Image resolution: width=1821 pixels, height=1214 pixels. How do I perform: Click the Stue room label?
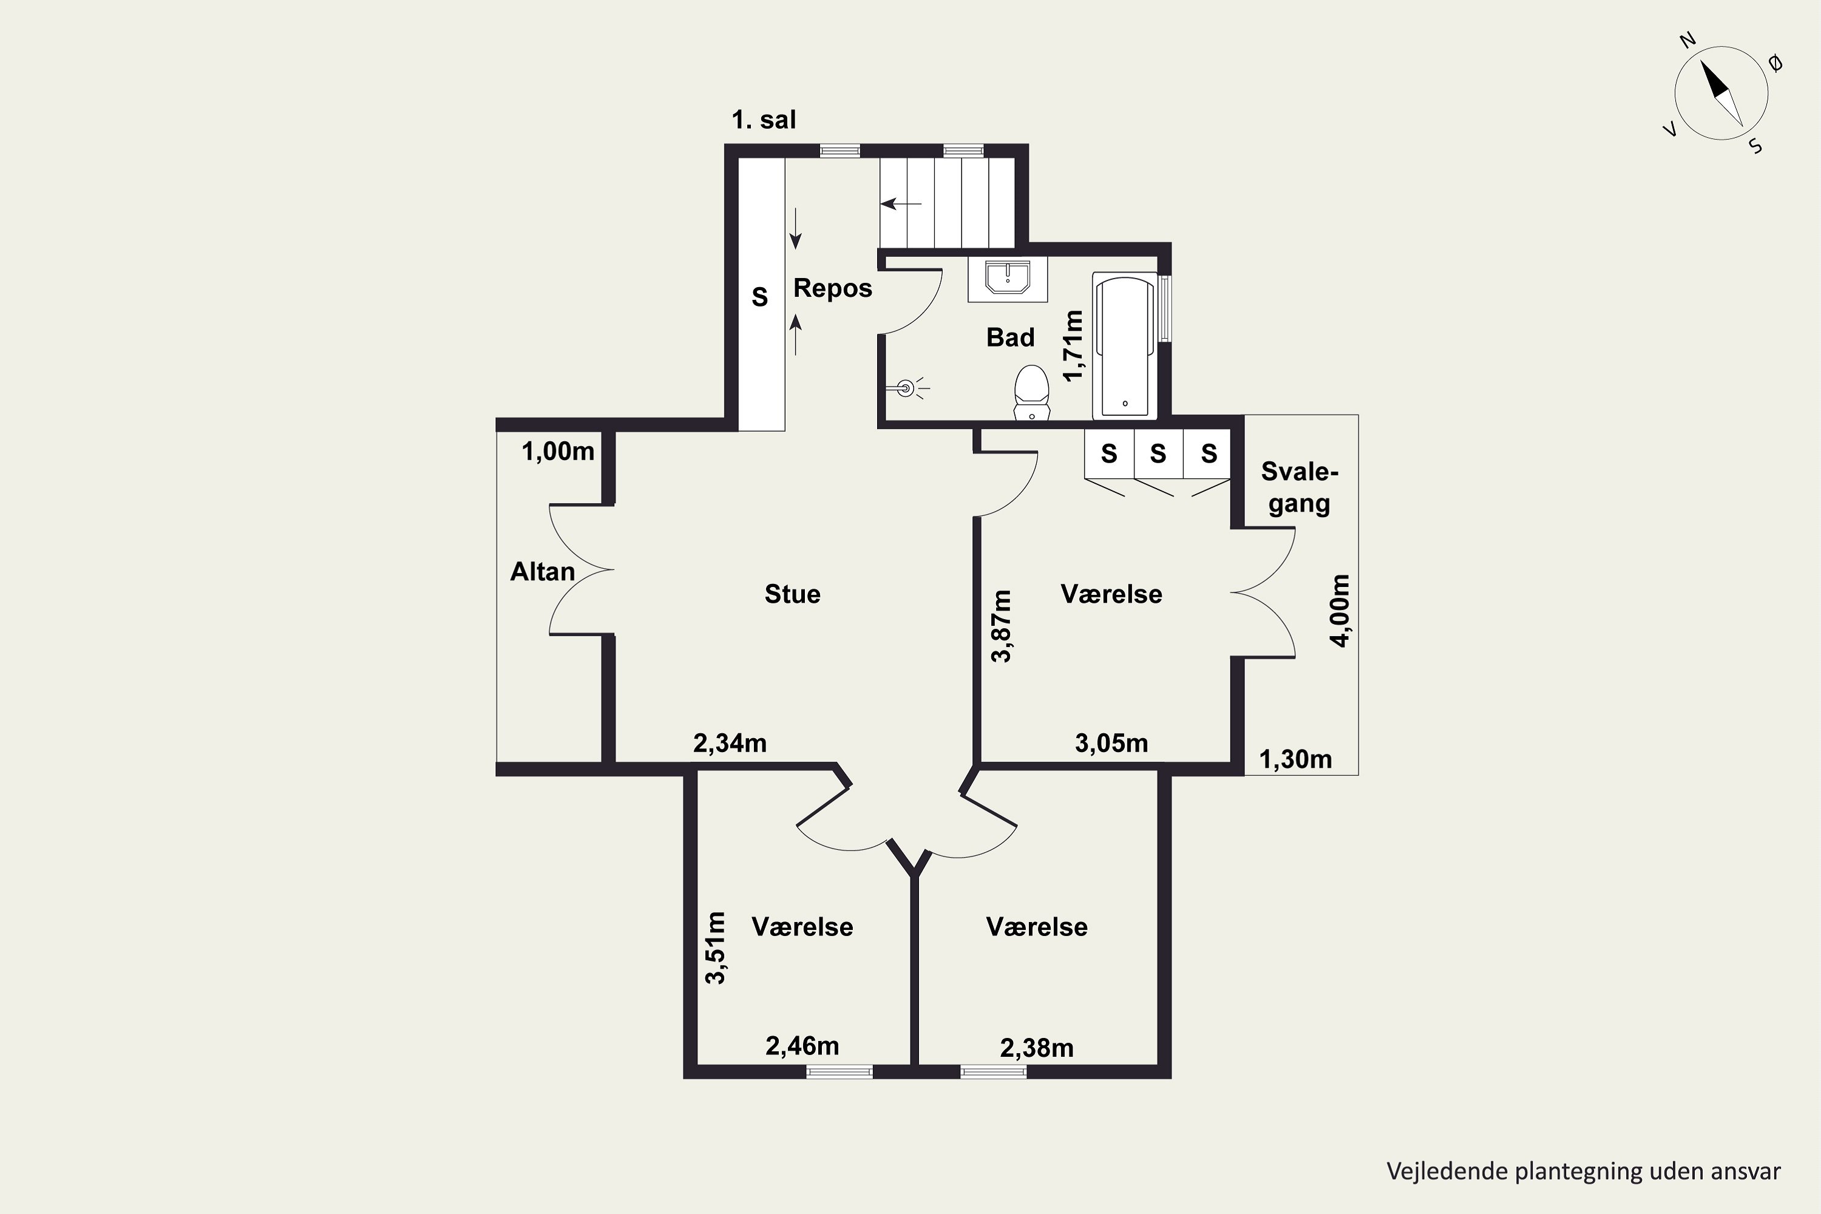click(x=792, y=594)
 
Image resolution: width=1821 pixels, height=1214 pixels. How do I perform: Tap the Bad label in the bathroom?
click(x=1011, y=337)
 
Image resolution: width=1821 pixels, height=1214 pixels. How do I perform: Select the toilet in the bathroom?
click(x=1031, y=393)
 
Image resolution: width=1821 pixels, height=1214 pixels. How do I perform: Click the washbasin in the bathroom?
click(x=1007, y=278)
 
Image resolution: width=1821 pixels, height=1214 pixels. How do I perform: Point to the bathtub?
click(x=1124, y=345)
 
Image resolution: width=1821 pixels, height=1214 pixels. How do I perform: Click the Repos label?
click(x=832, y=288)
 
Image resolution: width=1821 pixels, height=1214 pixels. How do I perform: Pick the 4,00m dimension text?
click(x=1340, y=611)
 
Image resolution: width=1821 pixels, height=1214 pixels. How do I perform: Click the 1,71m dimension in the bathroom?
click(x=1073, y=345)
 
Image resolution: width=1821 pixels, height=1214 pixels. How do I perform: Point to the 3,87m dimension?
click(x=1001, y=626)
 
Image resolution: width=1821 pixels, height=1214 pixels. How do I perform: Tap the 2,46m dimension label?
click(x=802, y=1046)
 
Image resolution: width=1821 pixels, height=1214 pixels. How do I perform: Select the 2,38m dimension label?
click(x=1037, y=1048)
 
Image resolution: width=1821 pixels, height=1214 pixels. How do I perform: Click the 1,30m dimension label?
click(x=1295, y=759)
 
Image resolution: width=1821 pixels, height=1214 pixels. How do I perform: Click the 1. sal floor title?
click(x=764, y=120)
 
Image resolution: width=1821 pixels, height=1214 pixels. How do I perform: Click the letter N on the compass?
click(x=1687, y=62)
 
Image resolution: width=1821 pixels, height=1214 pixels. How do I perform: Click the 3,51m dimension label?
click(x=716, y=948)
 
